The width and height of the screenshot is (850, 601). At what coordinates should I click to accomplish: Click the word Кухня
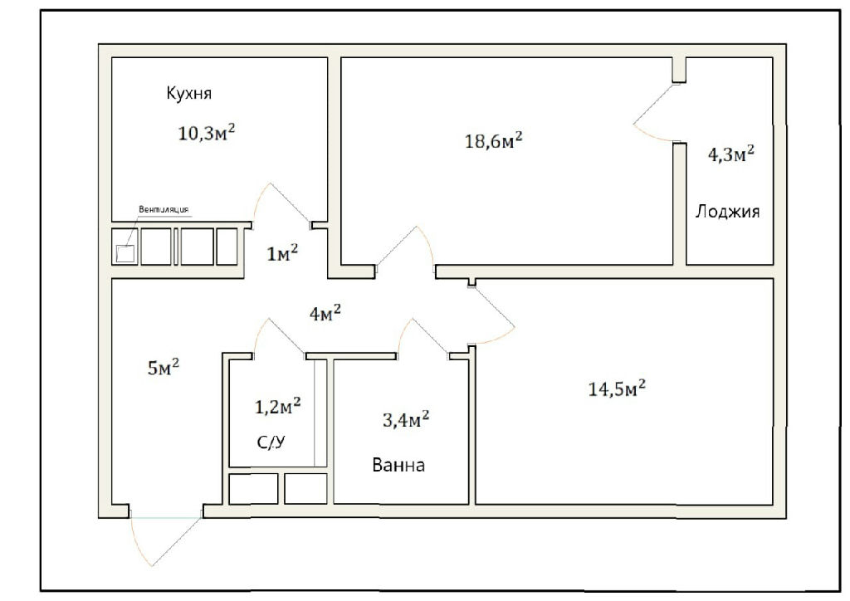click(x=188, y=94)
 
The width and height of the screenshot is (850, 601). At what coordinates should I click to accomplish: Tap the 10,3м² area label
click(x=207, y=132)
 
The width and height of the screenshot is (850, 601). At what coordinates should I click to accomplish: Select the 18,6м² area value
click(x=494, y=140)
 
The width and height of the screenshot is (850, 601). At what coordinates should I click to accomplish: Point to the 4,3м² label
click(x=730, y=154)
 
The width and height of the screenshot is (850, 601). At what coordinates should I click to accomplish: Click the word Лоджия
click(x=727, y=211)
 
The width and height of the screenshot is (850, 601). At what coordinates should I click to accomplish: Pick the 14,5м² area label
click(x=617, y=388)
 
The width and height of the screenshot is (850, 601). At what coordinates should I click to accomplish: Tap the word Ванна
click(x=398, y=465)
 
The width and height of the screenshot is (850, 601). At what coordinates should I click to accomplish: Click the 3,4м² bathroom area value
click(x=406, y=419)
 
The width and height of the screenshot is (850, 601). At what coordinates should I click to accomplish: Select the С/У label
click(x=271, y=442)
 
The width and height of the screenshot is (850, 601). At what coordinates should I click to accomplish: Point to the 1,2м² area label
click(x=277, y=406)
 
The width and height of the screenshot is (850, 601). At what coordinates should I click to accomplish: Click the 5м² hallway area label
click(x=164, y=368)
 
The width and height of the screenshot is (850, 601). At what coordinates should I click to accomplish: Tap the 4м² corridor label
click(x=325, y=313)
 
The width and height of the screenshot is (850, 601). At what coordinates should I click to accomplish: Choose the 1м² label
click(x=282, y=252)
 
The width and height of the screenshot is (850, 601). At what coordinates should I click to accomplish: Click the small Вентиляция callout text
click(x=164, y=209)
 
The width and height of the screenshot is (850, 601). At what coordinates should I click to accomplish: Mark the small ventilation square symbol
click(x=125, y=253)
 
